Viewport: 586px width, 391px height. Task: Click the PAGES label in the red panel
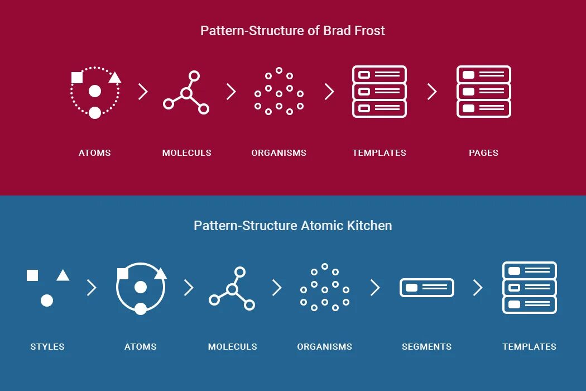pyautogui.click(x=483, y=153)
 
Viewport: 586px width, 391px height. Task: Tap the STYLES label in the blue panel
pyautogui.click(x=47, y=347)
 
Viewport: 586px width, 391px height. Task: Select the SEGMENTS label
pyautogui.click(x=426, y=347)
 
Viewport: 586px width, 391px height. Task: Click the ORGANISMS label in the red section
pyautogui.click(x=278, y=153)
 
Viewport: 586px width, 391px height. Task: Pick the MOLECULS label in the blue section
pyautogui.click(x=232, y=347)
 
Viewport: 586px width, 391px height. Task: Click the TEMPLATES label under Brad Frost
pyautogui.click(x=379, y=153)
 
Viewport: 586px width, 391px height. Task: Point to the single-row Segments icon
pyautogui.click(x=426, y=288)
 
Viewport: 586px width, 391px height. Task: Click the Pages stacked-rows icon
pyautogui.click(x=483, y=92)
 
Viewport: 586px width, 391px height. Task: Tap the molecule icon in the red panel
pyautogui.click(x=186, y=92)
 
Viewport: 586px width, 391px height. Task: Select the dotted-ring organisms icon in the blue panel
pyautogui.click(x=324, y=288)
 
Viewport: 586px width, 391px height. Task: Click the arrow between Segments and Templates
pyautogui.click(x=478, y=288)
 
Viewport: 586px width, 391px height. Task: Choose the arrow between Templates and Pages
pyautogui.click(x=432, y=92)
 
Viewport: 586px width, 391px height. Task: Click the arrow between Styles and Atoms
pyautogui.click(x=92, y=288)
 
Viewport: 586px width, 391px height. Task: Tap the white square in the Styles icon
pyautogui.click(x=32, y=275)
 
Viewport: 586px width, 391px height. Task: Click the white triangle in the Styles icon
pyautogui.click(x=63, y=275)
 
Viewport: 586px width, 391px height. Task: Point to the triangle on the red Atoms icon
pyautogui.click(x=114, y=78)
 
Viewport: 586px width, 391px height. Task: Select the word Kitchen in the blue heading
pyautogui.click(x=369, y=226)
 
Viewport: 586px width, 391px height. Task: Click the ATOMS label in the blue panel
pyautogui.click(x=140, y=347)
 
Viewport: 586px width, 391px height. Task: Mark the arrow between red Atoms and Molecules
pyautogui.click(x=143, y=92)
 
